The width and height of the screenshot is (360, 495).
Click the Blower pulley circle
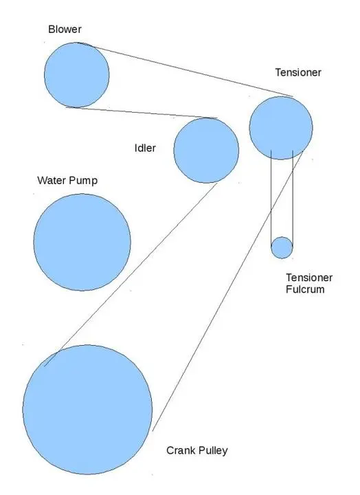(77, 75)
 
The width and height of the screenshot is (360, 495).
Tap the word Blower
(65, 30)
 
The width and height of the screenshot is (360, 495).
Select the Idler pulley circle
(206, 151)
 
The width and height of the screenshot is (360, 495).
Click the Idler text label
(145, 148)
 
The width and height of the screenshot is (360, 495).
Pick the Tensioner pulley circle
(281, 128)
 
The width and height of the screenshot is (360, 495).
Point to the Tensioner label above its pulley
(298, 72)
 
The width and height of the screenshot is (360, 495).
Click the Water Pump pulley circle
(82, 242)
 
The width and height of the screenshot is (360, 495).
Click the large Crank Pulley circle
(87, 410)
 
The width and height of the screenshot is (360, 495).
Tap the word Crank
(179, 450)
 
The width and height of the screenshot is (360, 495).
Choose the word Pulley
(211, 451)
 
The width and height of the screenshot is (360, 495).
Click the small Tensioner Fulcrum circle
(282, 247)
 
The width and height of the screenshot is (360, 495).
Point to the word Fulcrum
(305, 289)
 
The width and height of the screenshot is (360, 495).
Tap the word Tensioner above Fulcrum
(309, 278)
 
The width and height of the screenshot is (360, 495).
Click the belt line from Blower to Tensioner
(185, 69)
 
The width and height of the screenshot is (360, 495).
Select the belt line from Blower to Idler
(142, 113)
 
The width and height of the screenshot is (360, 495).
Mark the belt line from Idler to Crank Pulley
(131, 274)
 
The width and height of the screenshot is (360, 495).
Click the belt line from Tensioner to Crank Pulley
(227, 291)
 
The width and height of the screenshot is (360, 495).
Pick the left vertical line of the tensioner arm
(271, 199)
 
